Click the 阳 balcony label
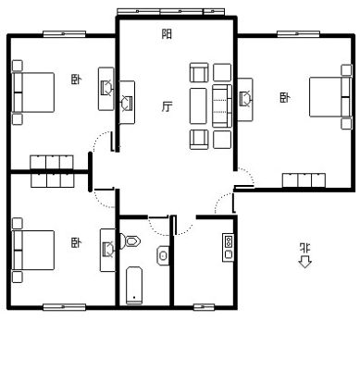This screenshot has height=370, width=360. (167, 33)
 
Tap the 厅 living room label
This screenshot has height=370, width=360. (167, 106)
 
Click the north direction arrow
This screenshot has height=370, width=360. (304, 263)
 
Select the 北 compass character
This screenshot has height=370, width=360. (305, 249)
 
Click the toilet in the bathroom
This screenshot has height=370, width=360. (130, 241)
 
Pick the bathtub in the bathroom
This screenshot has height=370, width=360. (134, 285)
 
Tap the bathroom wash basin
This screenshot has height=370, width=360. (163, 255)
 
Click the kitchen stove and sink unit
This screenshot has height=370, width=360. (228, 248)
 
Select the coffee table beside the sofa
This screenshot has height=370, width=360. (198, 105)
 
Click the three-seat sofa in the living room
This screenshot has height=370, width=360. (222, 105)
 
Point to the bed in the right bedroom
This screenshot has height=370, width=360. (330, 97)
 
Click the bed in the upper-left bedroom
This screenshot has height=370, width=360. (33, 92)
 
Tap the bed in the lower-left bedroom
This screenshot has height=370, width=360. (33, 251)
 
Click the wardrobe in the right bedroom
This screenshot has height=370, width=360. (304, 180)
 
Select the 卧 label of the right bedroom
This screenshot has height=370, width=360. (285, 98)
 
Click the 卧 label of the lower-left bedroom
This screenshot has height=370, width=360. (76, 242)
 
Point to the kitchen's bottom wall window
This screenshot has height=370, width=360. (204, 307)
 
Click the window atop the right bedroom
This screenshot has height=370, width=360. (298, 34)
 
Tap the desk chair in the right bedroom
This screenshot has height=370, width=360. (246, 99)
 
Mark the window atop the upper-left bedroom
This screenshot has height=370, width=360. (64, 34)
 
